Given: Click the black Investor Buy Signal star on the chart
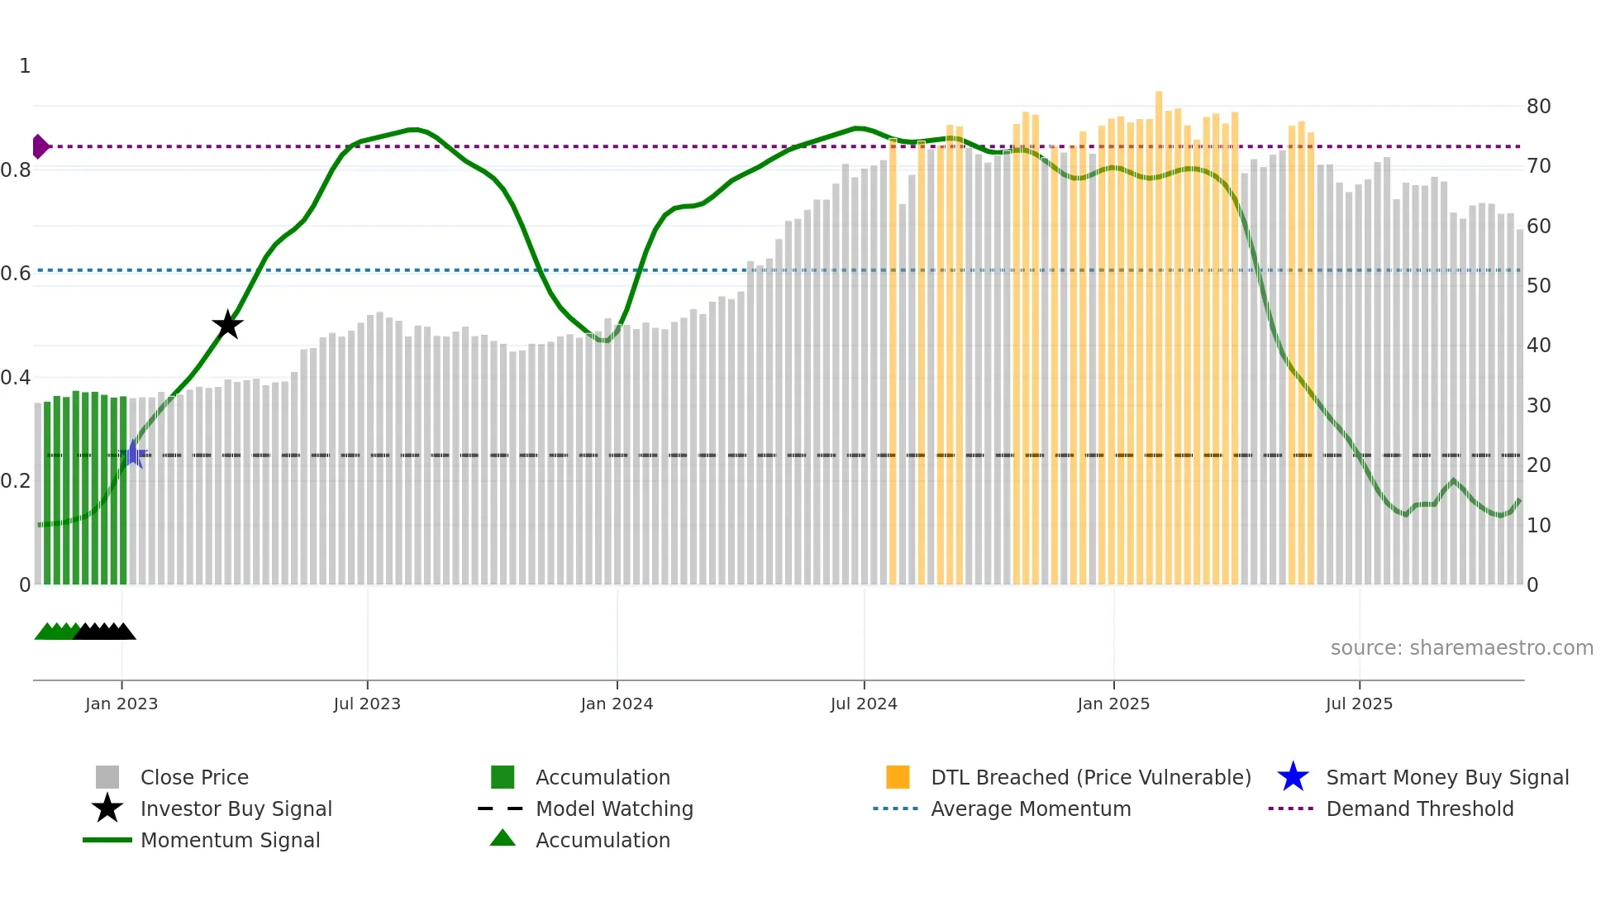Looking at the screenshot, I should click(227, 325).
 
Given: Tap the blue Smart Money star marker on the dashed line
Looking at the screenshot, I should click(133, 454).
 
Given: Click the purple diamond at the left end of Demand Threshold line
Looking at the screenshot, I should click(40, 146).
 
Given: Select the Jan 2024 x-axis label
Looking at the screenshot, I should click(617, 704).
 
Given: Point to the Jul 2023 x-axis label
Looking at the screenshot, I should click(367, 704).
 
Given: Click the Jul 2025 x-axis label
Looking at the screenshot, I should click(1359, 704).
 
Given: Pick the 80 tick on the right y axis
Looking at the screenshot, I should click(1538, 106).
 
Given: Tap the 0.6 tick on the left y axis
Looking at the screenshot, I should click(17, 274).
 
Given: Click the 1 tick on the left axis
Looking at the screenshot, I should click(25, 66).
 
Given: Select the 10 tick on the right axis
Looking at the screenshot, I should click(1538, 525).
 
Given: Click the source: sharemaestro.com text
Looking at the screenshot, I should click(1461, 647).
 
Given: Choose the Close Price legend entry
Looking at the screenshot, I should click(194, 777).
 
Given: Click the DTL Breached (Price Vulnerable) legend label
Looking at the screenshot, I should click(1090, 777).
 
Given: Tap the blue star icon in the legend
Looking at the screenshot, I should click(1293, 777).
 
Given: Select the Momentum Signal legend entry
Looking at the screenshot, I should click(230, 840).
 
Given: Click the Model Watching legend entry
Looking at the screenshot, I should click(614, 808).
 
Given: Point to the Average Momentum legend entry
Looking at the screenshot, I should click(1031, 808).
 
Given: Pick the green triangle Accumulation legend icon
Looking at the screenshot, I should click(503, 838).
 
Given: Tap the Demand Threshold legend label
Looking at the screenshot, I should click(1419, 808).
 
